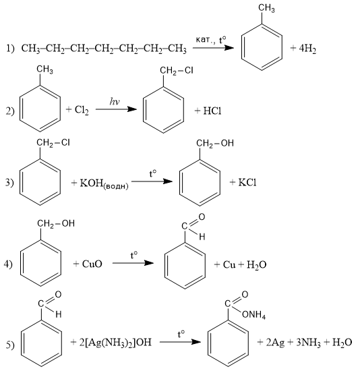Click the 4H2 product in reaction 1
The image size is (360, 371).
(307, 49)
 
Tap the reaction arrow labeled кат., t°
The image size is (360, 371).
(213, 48)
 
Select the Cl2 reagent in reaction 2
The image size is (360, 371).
(82, 110)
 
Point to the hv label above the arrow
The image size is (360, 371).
(115, 101)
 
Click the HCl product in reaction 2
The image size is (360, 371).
(212, 111)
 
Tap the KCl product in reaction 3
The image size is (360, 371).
(247, 182)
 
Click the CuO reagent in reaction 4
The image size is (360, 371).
(92, 264)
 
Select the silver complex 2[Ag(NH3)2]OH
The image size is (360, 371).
(115, 343)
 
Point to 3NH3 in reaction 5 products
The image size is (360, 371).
(309, 343)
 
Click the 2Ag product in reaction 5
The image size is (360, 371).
(275, 343)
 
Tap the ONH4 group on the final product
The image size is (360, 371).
(253, 315)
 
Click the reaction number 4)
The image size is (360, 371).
(8, 264)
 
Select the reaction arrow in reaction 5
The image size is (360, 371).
(180, 342)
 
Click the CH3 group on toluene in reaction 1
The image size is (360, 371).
(266, 9)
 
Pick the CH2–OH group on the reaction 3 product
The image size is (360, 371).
(215, 144)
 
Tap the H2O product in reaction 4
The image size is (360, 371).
(257, 264)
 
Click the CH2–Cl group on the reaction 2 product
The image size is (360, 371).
(177, 71)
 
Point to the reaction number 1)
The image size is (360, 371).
(10, 49)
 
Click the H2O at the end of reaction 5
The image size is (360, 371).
(342, 343)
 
